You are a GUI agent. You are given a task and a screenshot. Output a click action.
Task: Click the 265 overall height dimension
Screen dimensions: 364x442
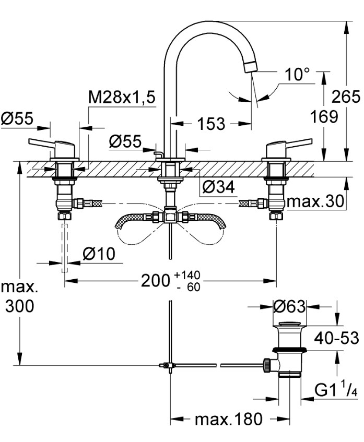[346, 97]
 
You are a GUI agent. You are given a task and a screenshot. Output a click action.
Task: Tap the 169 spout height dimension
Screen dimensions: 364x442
[324, 116]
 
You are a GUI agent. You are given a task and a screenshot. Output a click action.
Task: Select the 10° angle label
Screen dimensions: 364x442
[297, 75]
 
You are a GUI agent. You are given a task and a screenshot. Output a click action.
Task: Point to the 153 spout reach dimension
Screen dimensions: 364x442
[211, 124]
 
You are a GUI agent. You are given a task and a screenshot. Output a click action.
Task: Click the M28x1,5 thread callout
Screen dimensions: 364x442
[122, 97]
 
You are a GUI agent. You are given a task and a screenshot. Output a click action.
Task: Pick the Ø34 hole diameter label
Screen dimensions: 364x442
[218, 187]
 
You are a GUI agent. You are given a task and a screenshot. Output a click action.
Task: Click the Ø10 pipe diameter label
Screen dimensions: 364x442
[99, 254]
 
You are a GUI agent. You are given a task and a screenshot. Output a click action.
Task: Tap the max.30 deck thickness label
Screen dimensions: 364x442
[315, 201]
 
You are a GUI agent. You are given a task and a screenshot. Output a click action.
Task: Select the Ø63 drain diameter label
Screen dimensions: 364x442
[289, 306]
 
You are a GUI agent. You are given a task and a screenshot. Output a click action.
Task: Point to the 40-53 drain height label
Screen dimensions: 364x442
[336, 338]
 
